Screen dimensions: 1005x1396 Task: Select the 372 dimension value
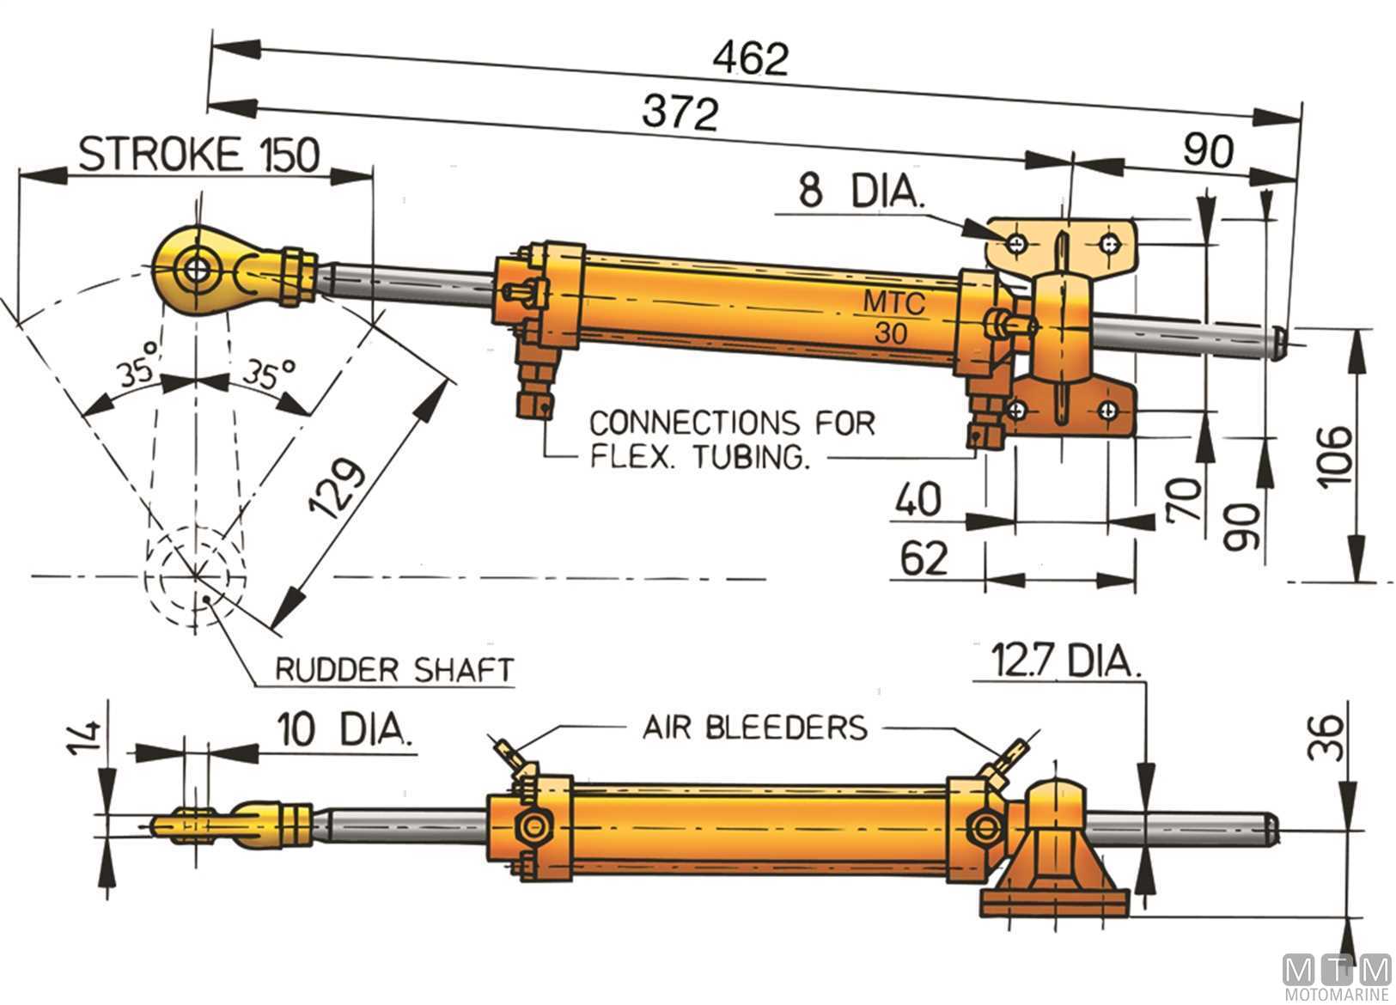pyautogui.click(x=679, y=112)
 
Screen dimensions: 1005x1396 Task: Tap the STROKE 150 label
pyautogui.click(x=198, y=155)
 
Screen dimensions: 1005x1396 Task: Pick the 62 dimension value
pyautogui.click(x=924, y=558)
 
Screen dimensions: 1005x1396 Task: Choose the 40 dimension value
pyautogui.click(x=917, y=499)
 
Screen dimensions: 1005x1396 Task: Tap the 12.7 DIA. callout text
pyautogui.click(x=1065, y=661)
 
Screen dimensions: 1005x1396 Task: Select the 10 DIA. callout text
pyautogui.click(x=343, y=730)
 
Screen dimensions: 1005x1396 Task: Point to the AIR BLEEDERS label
pyautogui.click(x=756, y=728)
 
